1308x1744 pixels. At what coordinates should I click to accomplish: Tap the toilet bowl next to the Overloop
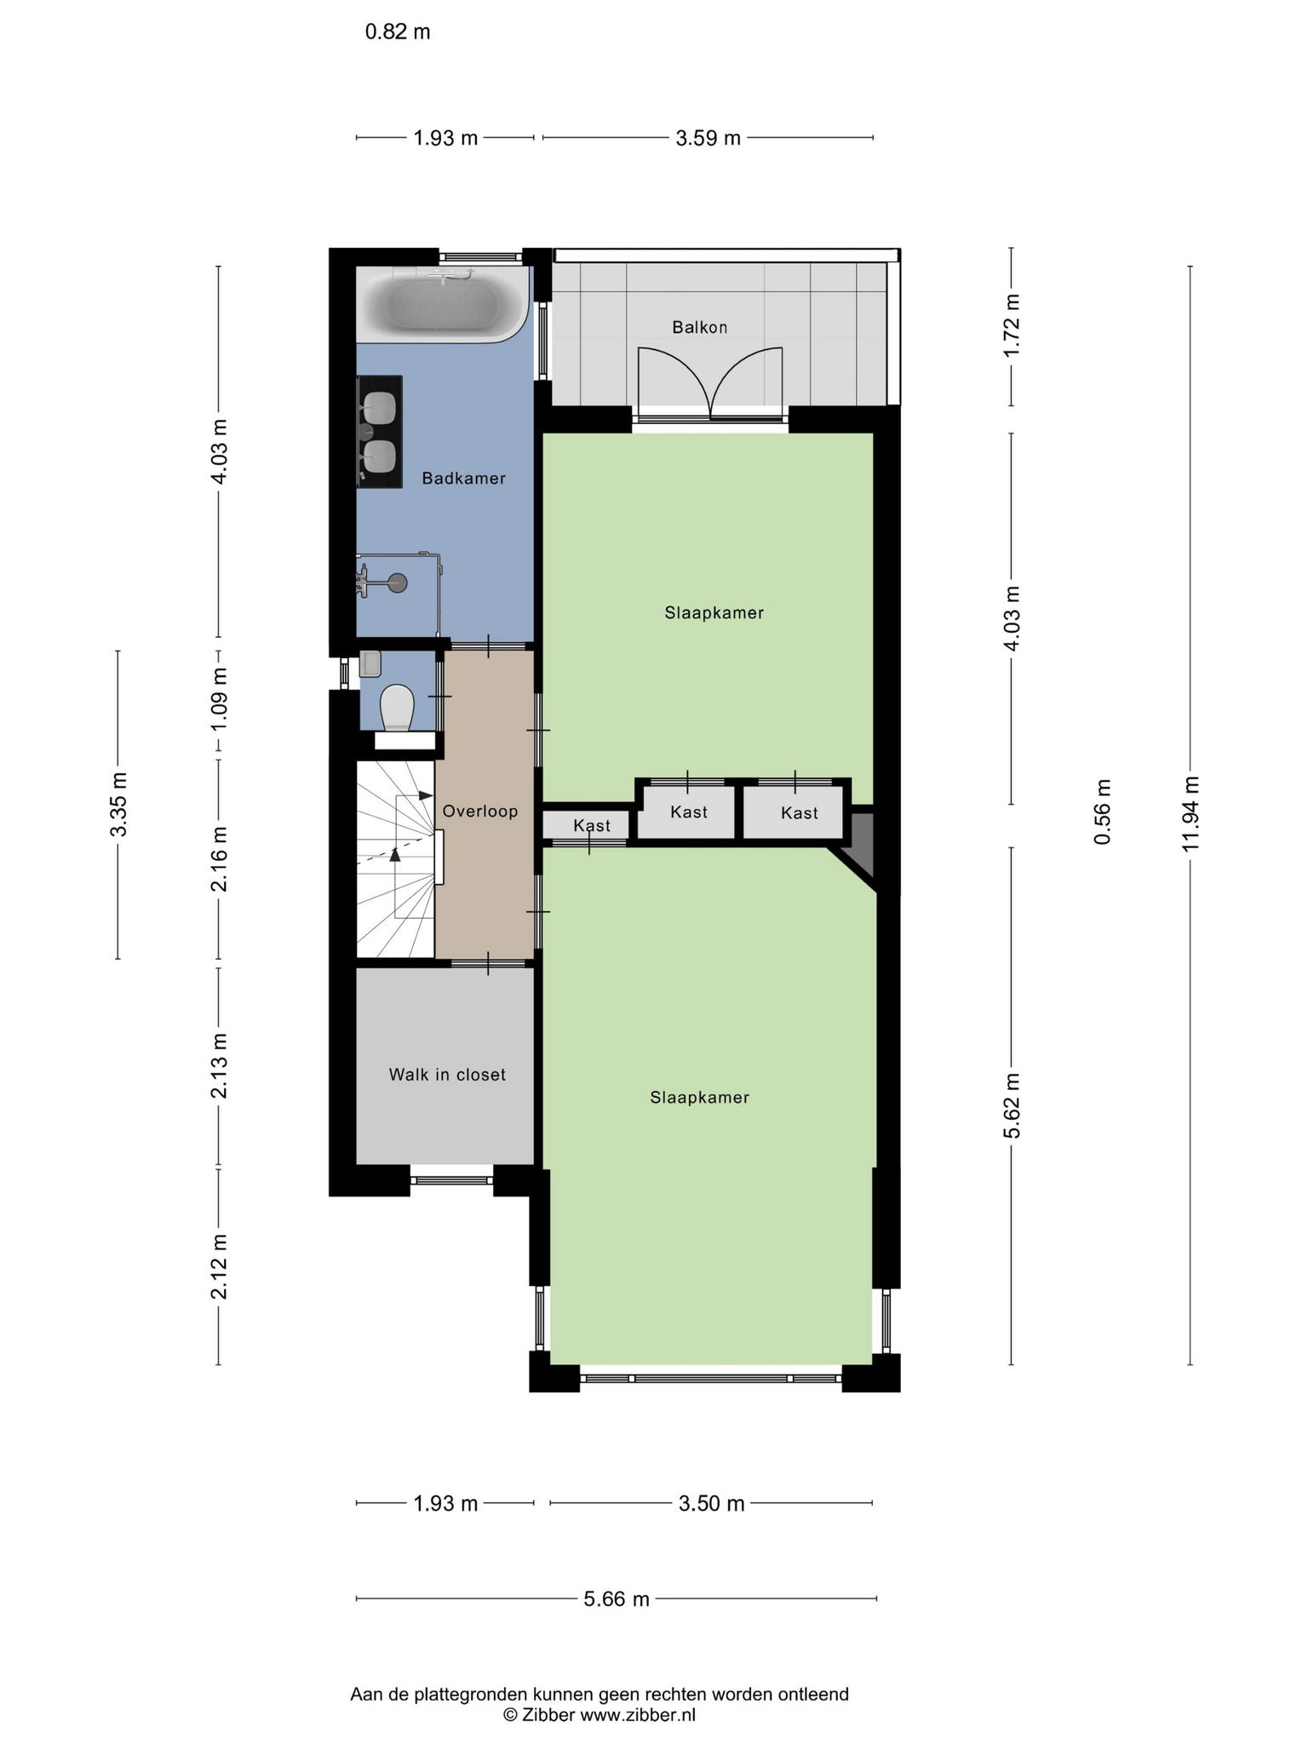tap(397, 708)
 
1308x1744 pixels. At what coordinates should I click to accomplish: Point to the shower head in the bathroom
tap(396, 582)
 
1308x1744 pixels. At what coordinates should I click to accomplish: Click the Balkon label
tap(700, 327)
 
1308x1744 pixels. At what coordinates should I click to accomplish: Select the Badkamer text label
tap(464, 479)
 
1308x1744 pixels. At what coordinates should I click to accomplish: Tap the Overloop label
tap(480, 812)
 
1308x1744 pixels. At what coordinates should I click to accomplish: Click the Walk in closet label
tap(447, 1075)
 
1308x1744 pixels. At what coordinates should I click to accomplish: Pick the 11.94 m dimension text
tap(1190, 813)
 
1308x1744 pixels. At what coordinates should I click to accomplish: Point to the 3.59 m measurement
tap(708, 138)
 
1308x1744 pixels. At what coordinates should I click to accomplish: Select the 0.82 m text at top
tap(398, 32)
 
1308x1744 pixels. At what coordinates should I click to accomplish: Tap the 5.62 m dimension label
tap(1012, 1105)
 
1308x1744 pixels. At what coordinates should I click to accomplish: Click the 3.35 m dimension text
tap(118, 804)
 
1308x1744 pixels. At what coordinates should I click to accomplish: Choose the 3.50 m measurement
tap(712, 1504)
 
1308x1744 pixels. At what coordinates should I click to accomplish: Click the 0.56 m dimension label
tap(1103, 812)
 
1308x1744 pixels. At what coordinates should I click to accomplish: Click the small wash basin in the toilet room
tap(370, 663)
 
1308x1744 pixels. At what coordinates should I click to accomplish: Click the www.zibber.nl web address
tap(638, 1715)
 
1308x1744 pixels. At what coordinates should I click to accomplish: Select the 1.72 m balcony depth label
tap(1012, 326)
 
